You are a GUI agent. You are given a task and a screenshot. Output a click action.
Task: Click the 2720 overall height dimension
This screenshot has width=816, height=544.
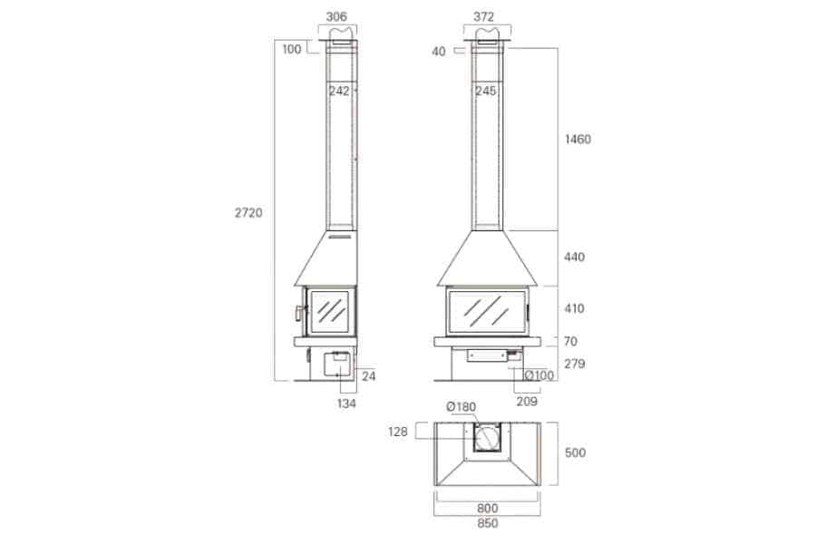click(x=248, y=213)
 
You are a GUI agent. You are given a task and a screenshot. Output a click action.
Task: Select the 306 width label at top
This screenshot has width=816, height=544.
click(x=337, y=16)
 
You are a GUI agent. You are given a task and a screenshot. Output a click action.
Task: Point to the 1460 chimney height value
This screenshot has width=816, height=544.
click(x=577, y=140)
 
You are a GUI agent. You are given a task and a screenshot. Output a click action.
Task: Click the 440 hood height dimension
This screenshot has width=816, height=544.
click(x=574, y=257)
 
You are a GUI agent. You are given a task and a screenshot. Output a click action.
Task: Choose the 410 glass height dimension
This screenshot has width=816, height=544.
click(x=574, y=309)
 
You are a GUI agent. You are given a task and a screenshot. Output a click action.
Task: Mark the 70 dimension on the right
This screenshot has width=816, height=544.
click(x=570, y=342)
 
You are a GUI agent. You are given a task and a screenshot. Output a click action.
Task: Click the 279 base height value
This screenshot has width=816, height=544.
click(x=574, y=364)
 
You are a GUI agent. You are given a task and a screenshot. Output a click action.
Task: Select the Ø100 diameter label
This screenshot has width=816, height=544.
click(x=541, y=375)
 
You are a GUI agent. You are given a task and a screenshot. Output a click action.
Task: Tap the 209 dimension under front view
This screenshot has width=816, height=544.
click(x=527, y=401)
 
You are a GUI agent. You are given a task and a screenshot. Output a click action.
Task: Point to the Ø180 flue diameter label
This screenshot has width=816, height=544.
click(x=461, y=407)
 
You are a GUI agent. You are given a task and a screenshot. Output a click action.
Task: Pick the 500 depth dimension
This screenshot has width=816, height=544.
click(x=574, y=452)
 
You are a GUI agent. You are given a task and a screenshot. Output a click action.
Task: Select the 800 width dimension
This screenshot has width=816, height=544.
click(x=487, y=509)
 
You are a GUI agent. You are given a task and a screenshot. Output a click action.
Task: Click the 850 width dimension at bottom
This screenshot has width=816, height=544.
click(x=487, y=523)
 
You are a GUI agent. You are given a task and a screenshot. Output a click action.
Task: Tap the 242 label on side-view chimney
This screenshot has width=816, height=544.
click(x=339, y=90)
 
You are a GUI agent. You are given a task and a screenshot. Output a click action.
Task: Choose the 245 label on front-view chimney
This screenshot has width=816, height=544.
click(x=485, y=90)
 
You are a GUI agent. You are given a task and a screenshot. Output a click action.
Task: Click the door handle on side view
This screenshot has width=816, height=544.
click(x=297, y=313)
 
